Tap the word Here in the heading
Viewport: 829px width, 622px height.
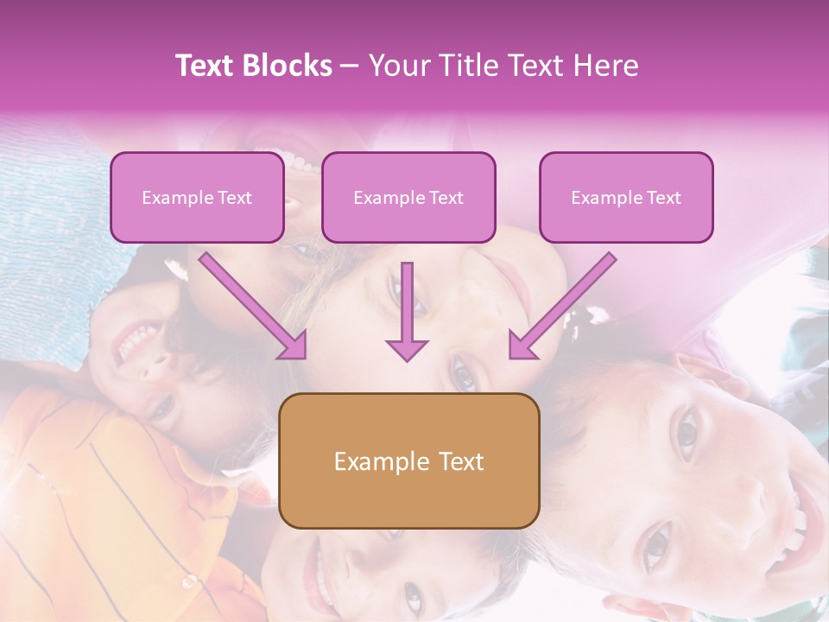[x=606, y=66]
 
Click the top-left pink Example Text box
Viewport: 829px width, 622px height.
[x=197, y=197]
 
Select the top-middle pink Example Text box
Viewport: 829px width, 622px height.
[x=408, y=197]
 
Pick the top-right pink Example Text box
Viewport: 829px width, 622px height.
[x=626, y=197]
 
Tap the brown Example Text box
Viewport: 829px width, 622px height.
[x=408, y=460]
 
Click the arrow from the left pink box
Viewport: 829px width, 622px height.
[x=254, y=307]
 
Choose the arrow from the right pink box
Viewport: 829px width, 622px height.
[x=561, y=307]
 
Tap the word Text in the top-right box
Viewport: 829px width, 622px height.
[x=664, y=198]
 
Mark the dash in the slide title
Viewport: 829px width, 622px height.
[x=350, y=66]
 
